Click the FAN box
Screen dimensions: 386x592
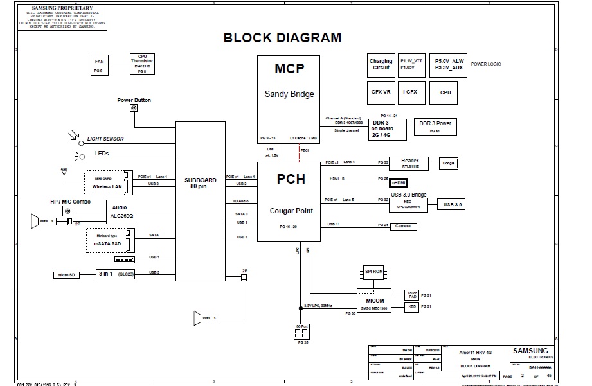pos(99,64)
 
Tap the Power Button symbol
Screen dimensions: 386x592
pos(134,109)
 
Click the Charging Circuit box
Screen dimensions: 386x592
pos(381,64)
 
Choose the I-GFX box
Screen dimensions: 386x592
pos(409,92)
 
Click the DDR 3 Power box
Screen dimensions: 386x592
pos(435,126)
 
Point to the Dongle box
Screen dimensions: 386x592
pos(449,163)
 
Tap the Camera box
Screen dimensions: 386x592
pos(403,226)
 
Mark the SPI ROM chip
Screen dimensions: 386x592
pos(374,272)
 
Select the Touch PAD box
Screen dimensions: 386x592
pos(412,295)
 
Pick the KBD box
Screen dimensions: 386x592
pos(412,306)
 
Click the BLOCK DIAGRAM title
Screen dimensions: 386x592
pos(282,37)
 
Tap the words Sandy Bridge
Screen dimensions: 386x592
pos(289,94)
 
